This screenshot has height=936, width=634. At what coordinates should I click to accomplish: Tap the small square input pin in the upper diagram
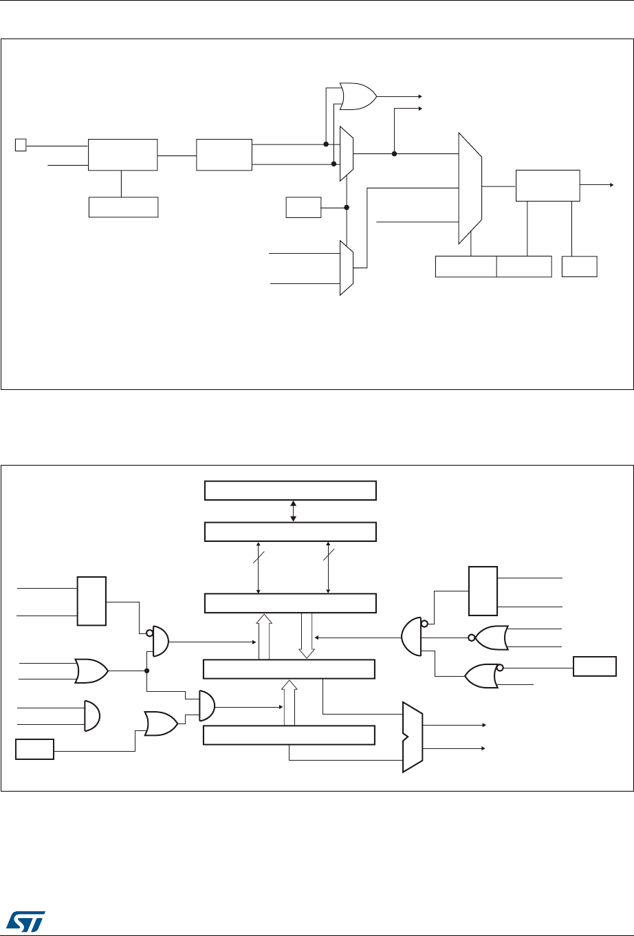(x=20, y=145)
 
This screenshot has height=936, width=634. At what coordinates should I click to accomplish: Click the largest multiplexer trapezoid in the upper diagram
(x=470, y=188)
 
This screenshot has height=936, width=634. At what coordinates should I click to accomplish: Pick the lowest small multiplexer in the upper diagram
(x=347, y=268)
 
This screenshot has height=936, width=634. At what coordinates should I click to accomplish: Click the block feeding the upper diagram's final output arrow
(x=547, y=185)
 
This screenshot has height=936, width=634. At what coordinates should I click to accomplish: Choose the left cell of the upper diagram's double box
(x=466, y=266)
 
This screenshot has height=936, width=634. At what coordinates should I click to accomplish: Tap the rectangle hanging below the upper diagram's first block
(x=124, y=207)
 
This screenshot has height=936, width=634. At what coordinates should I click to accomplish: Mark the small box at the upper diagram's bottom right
(x=579, y=266)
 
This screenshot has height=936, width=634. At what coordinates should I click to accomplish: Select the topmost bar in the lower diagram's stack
(x=290, y=491)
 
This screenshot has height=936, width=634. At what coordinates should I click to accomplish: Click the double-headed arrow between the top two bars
(x=294, y=511)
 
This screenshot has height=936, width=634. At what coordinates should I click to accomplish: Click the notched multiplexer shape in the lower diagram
(x=412, y=737)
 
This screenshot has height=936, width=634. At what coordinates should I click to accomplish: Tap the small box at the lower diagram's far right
(x=595, y=666)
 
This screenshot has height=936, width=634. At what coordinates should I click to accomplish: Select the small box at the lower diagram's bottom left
(x=34, y=749)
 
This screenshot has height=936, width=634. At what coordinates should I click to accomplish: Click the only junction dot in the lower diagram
(x=146, y=671)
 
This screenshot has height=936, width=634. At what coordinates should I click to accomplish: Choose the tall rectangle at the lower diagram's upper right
(x=482, y=591)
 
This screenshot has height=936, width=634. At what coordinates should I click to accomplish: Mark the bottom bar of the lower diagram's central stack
(x=290, y=735)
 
